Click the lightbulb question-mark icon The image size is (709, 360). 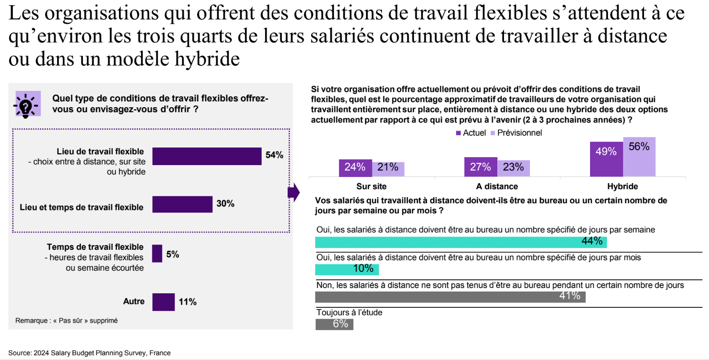click(27, 104)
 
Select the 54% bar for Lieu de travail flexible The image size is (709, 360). click(207, 156)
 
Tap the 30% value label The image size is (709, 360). click(225, 204)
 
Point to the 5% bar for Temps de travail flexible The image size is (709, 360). click(157, 254)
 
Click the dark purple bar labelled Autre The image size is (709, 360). click(163, 302)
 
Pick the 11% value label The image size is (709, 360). click(187, 302)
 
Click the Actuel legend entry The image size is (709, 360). click(471, 133)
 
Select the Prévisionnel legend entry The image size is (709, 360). click(516, 133)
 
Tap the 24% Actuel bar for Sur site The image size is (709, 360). click(355, 168)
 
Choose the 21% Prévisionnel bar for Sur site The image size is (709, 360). click(388, 169)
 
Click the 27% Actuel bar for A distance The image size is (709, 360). click(481, 167)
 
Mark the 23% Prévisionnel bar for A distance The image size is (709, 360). click(513, 168)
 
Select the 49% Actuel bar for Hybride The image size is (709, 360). click(606, 159)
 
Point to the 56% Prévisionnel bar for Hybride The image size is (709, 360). click(639, 157)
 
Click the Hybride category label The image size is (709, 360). click(623, 187)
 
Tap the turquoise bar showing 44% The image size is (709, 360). click(461, 242)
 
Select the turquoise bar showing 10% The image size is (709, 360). click(347, 269)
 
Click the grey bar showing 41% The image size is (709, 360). click(450, 297)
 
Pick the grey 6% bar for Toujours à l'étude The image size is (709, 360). click(334, 324)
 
